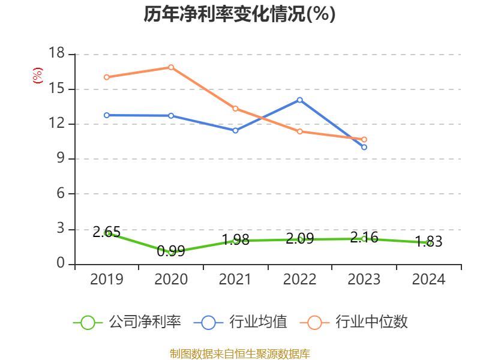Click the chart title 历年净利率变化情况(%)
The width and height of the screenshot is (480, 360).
pyautogui.click(x=239, y=14)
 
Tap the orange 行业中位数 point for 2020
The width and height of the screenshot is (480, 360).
pyautogui.click(x=171, y=67)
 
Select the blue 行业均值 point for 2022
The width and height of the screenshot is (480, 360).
pyautogui.click(x=300, y=100)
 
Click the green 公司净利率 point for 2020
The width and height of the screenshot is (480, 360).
pyautogui.click(x=171, y=252)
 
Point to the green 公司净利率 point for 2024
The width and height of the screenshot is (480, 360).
pyautogui.click(x=429, y=243)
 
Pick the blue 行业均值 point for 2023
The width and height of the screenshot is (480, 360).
pyautogui.click(x=364, y=147)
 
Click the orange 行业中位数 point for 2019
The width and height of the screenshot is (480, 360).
pyautogui.click(x=107, y=77)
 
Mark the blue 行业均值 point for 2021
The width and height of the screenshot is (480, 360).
pyautogui.click(x=235, y=130)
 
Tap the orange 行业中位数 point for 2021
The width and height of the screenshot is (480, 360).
pyautogui.click(x=235, y=109)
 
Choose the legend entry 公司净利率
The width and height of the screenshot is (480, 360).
pyautogui.click(x=127, y=322)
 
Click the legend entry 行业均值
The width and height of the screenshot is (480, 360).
pyautogui.click(x=241, y=322)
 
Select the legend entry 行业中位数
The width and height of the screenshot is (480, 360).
pyautogui.click(x=358, y=322)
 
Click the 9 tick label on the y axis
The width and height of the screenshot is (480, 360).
pyautogui.click(x=60, y=159)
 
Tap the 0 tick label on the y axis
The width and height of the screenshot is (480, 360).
pyautogui.click(x=60, y=264)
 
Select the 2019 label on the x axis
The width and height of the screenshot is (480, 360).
pyautogui.click(x=107, y=280)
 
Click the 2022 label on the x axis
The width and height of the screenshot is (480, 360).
pyautogui.click(x=300, y=280)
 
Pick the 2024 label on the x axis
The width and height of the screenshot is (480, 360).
pyautogui.click(x=429, y=280)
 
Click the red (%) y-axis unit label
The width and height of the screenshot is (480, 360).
pyautogui.click(x=38, y=76)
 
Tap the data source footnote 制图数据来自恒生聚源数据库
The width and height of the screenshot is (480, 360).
pyautogui.click(x=239, y=353)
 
